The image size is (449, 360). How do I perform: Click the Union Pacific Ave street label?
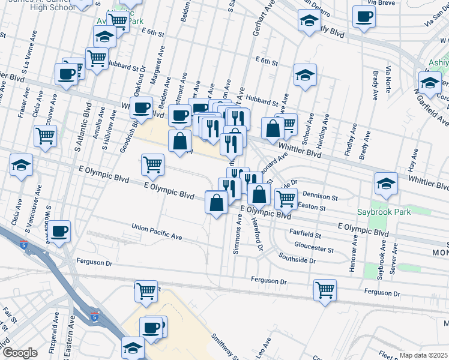[157, 233]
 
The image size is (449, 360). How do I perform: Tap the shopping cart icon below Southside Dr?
[325, 290]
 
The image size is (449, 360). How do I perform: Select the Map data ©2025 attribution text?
[423, 355]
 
